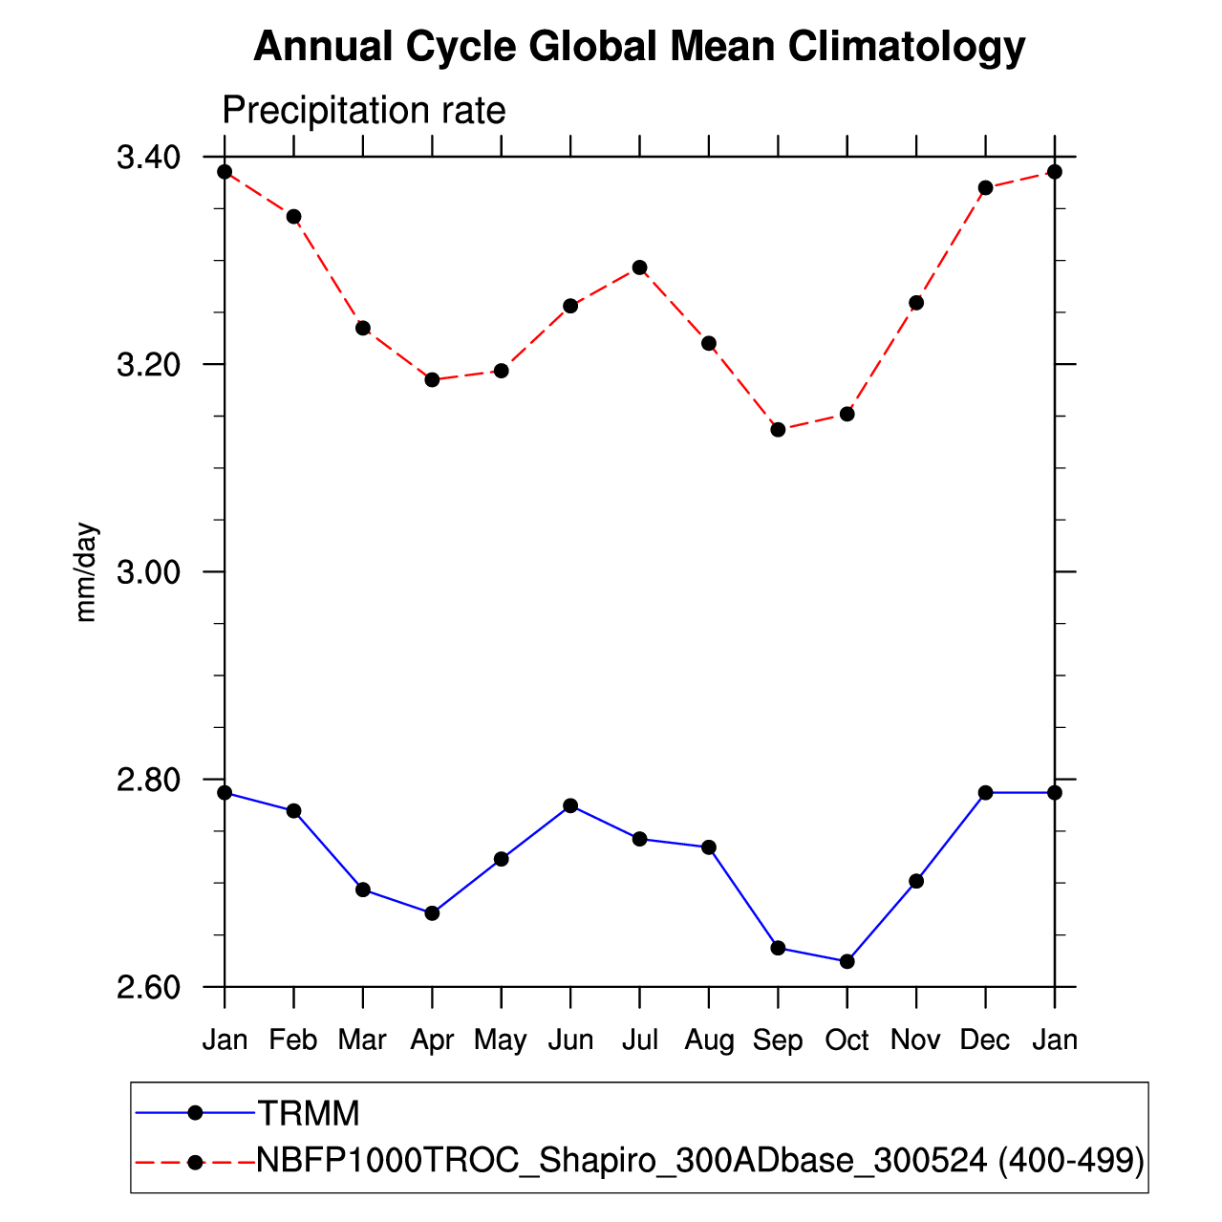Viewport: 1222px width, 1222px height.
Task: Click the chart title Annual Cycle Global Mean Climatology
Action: point(639,47)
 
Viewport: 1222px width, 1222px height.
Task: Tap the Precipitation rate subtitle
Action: point(363,111)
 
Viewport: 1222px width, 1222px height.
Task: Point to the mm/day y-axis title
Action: point(87,572)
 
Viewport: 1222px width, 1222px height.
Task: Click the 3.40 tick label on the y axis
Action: point(148,158)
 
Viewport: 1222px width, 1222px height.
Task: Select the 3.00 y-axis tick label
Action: point(148,572)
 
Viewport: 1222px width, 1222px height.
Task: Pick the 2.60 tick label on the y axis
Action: point(148,987)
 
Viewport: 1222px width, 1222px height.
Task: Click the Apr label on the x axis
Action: point(432,1040)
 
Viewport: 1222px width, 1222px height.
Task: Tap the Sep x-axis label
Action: point(778,1040)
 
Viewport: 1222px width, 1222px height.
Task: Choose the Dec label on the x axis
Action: point(985,1040)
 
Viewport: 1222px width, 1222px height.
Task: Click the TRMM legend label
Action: point(309,1113)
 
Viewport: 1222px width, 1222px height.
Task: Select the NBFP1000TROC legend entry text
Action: point(700,1160)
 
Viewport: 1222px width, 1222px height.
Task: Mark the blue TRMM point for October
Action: point(847,961)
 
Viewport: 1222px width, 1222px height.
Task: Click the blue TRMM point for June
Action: point(570,805)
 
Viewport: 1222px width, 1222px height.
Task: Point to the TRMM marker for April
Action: point(432,913)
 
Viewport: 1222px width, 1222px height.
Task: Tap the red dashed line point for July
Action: point(640,268)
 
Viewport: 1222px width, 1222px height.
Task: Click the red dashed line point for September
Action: point(778,430)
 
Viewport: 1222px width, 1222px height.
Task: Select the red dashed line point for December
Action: point(985,188)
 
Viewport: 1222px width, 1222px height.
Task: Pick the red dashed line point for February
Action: point(293,217)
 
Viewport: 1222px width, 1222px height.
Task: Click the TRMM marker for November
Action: point(916,881)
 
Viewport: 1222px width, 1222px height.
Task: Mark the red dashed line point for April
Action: point(432,380)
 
